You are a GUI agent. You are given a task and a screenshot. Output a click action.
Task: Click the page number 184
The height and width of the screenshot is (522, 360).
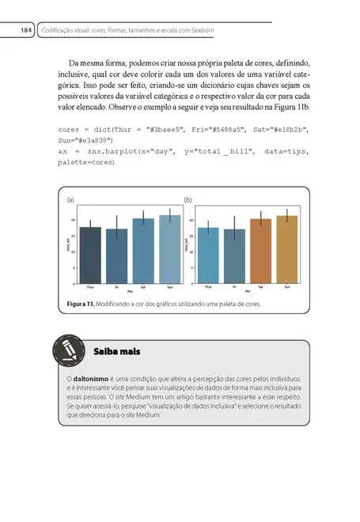(25, 30)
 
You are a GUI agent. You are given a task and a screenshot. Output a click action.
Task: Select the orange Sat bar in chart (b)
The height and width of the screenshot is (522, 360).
(260, 251)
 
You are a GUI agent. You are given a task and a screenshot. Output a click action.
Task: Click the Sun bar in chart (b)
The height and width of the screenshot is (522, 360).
(286, 249)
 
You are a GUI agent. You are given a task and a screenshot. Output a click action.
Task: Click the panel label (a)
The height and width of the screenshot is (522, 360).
(71, 200)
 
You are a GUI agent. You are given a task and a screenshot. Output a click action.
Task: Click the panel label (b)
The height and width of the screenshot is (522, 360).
(188, 200)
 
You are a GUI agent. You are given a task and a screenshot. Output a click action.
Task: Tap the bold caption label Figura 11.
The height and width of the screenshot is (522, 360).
(80, 304)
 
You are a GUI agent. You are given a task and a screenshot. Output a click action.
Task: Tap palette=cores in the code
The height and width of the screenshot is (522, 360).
(86, 162)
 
